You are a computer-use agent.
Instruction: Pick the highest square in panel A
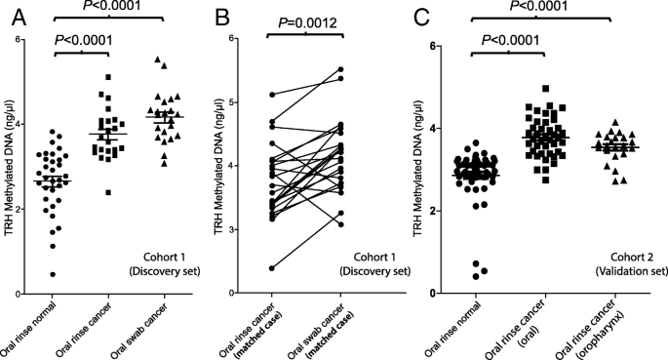coord(109,77)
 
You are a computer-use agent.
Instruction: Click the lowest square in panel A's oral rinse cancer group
coord(95,192)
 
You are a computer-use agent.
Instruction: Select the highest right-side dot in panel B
coord(340,69)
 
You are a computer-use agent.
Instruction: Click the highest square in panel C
coord(519,89)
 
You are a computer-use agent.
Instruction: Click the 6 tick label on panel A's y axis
coord(18,39)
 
